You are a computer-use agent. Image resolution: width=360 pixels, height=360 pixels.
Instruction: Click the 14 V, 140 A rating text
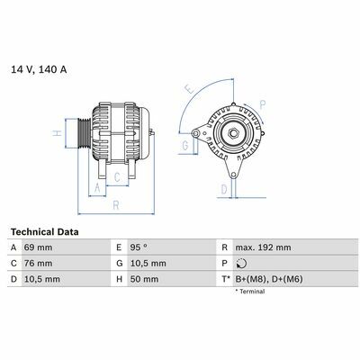point(39,69)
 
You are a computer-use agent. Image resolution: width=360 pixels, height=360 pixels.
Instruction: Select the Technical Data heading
point(45,232)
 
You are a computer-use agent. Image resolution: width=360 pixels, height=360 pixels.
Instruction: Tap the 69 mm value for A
point(38,247)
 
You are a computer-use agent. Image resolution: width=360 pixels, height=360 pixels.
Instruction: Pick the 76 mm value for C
point(38,264)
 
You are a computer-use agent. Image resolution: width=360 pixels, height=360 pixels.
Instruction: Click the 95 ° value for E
point(139,247)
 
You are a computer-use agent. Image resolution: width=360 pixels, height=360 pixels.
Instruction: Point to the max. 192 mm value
point(263,247)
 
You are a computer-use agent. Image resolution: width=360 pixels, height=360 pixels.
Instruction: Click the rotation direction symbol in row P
point(241,264)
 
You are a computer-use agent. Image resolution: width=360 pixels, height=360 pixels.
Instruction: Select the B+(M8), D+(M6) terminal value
point(269,279)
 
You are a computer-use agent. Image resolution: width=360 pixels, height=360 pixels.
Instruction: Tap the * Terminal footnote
point(250,292)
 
